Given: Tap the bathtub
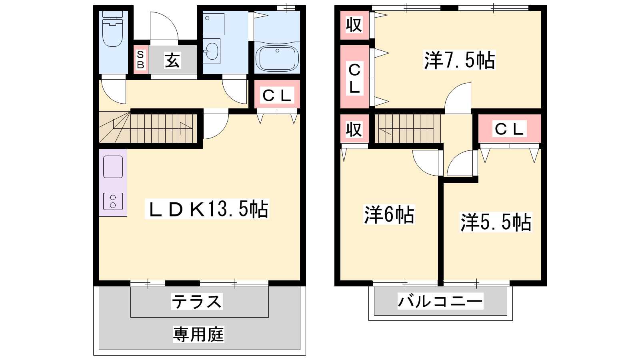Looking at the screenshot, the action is pos(277,58).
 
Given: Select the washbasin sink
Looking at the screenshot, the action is pos(212,52).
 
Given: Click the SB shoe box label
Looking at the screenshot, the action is pos(140,60).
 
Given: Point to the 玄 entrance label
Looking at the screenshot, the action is pos(172,60).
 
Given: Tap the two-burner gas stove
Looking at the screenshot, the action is pos(113,201).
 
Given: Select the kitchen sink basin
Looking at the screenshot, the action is pos(113,166).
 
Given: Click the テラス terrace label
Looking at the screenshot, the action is pos(197,302).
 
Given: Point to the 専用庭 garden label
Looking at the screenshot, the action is pos(198,334).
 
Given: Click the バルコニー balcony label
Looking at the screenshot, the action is pos(440,301).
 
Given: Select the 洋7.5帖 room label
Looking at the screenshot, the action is pos(460,60).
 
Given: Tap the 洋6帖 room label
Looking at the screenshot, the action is pos(389,214).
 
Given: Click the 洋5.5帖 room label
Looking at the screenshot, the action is pos(496,222).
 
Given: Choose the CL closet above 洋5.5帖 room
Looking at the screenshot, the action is pos(510,128).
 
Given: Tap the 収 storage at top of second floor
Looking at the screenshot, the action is pos(354,25).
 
